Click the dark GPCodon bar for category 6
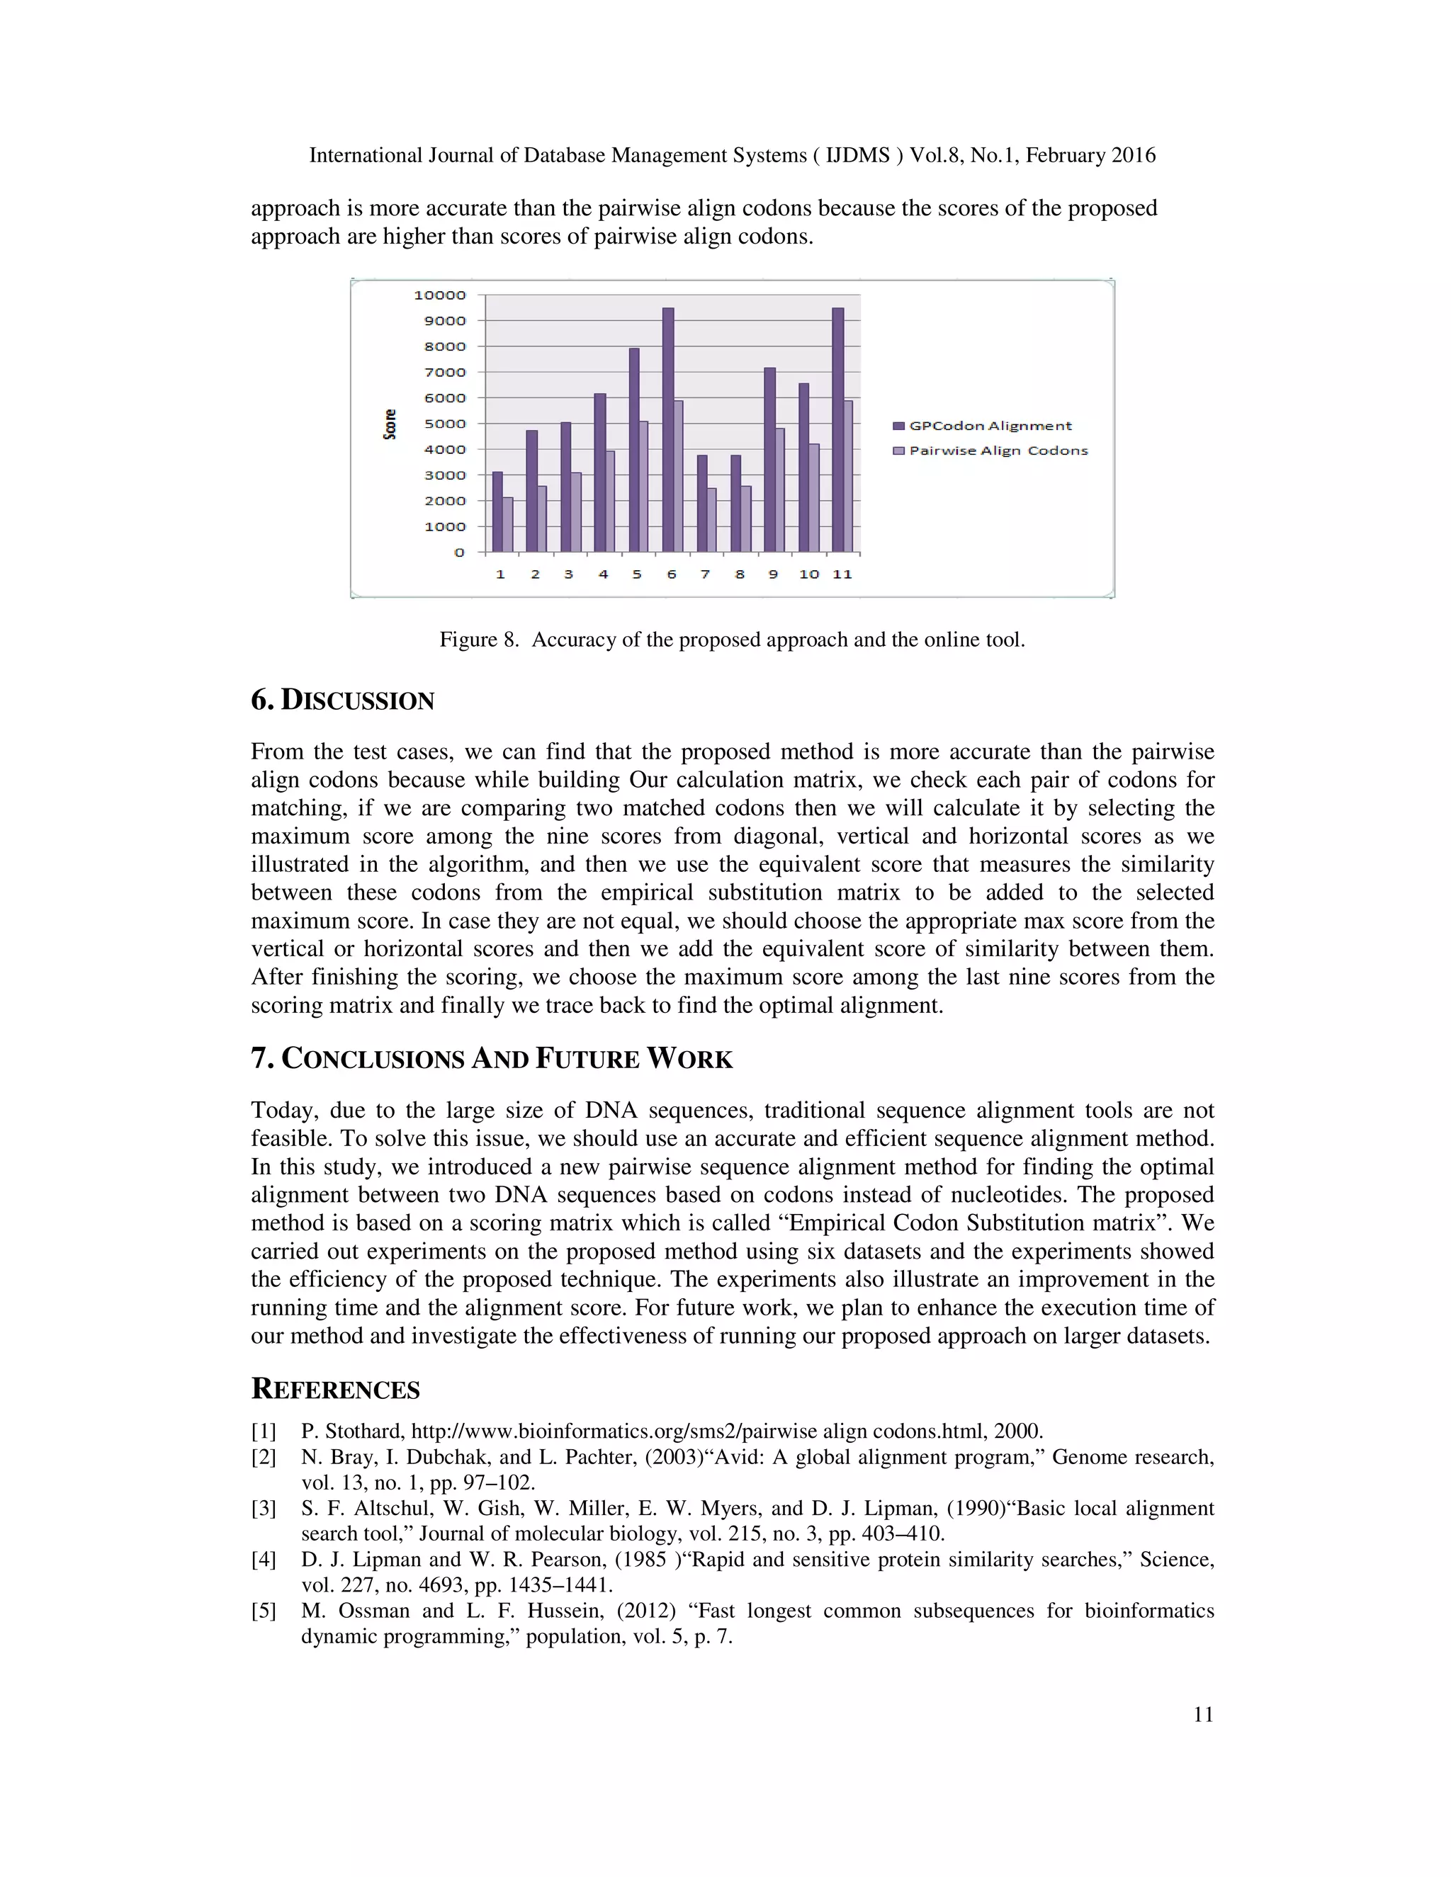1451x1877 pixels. tap(668, 430)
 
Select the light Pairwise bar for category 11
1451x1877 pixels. tap(848, 476)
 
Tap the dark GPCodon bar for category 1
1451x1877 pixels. tap(497, 512)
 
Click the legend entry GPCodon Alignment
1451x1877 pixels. tap(989, 426)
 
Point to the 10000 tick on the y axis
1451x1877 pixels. tap(439, 295)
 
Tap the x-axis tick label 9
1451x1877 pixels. tap(773, 574)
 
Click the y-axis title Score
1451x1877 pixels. tap(390, 424)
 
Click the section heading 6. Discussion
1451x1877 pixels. tap(342, 700)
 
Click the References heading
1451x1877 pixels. tap(335, 1389)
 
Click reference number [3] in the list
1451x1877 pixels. tap(263, 1508)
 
